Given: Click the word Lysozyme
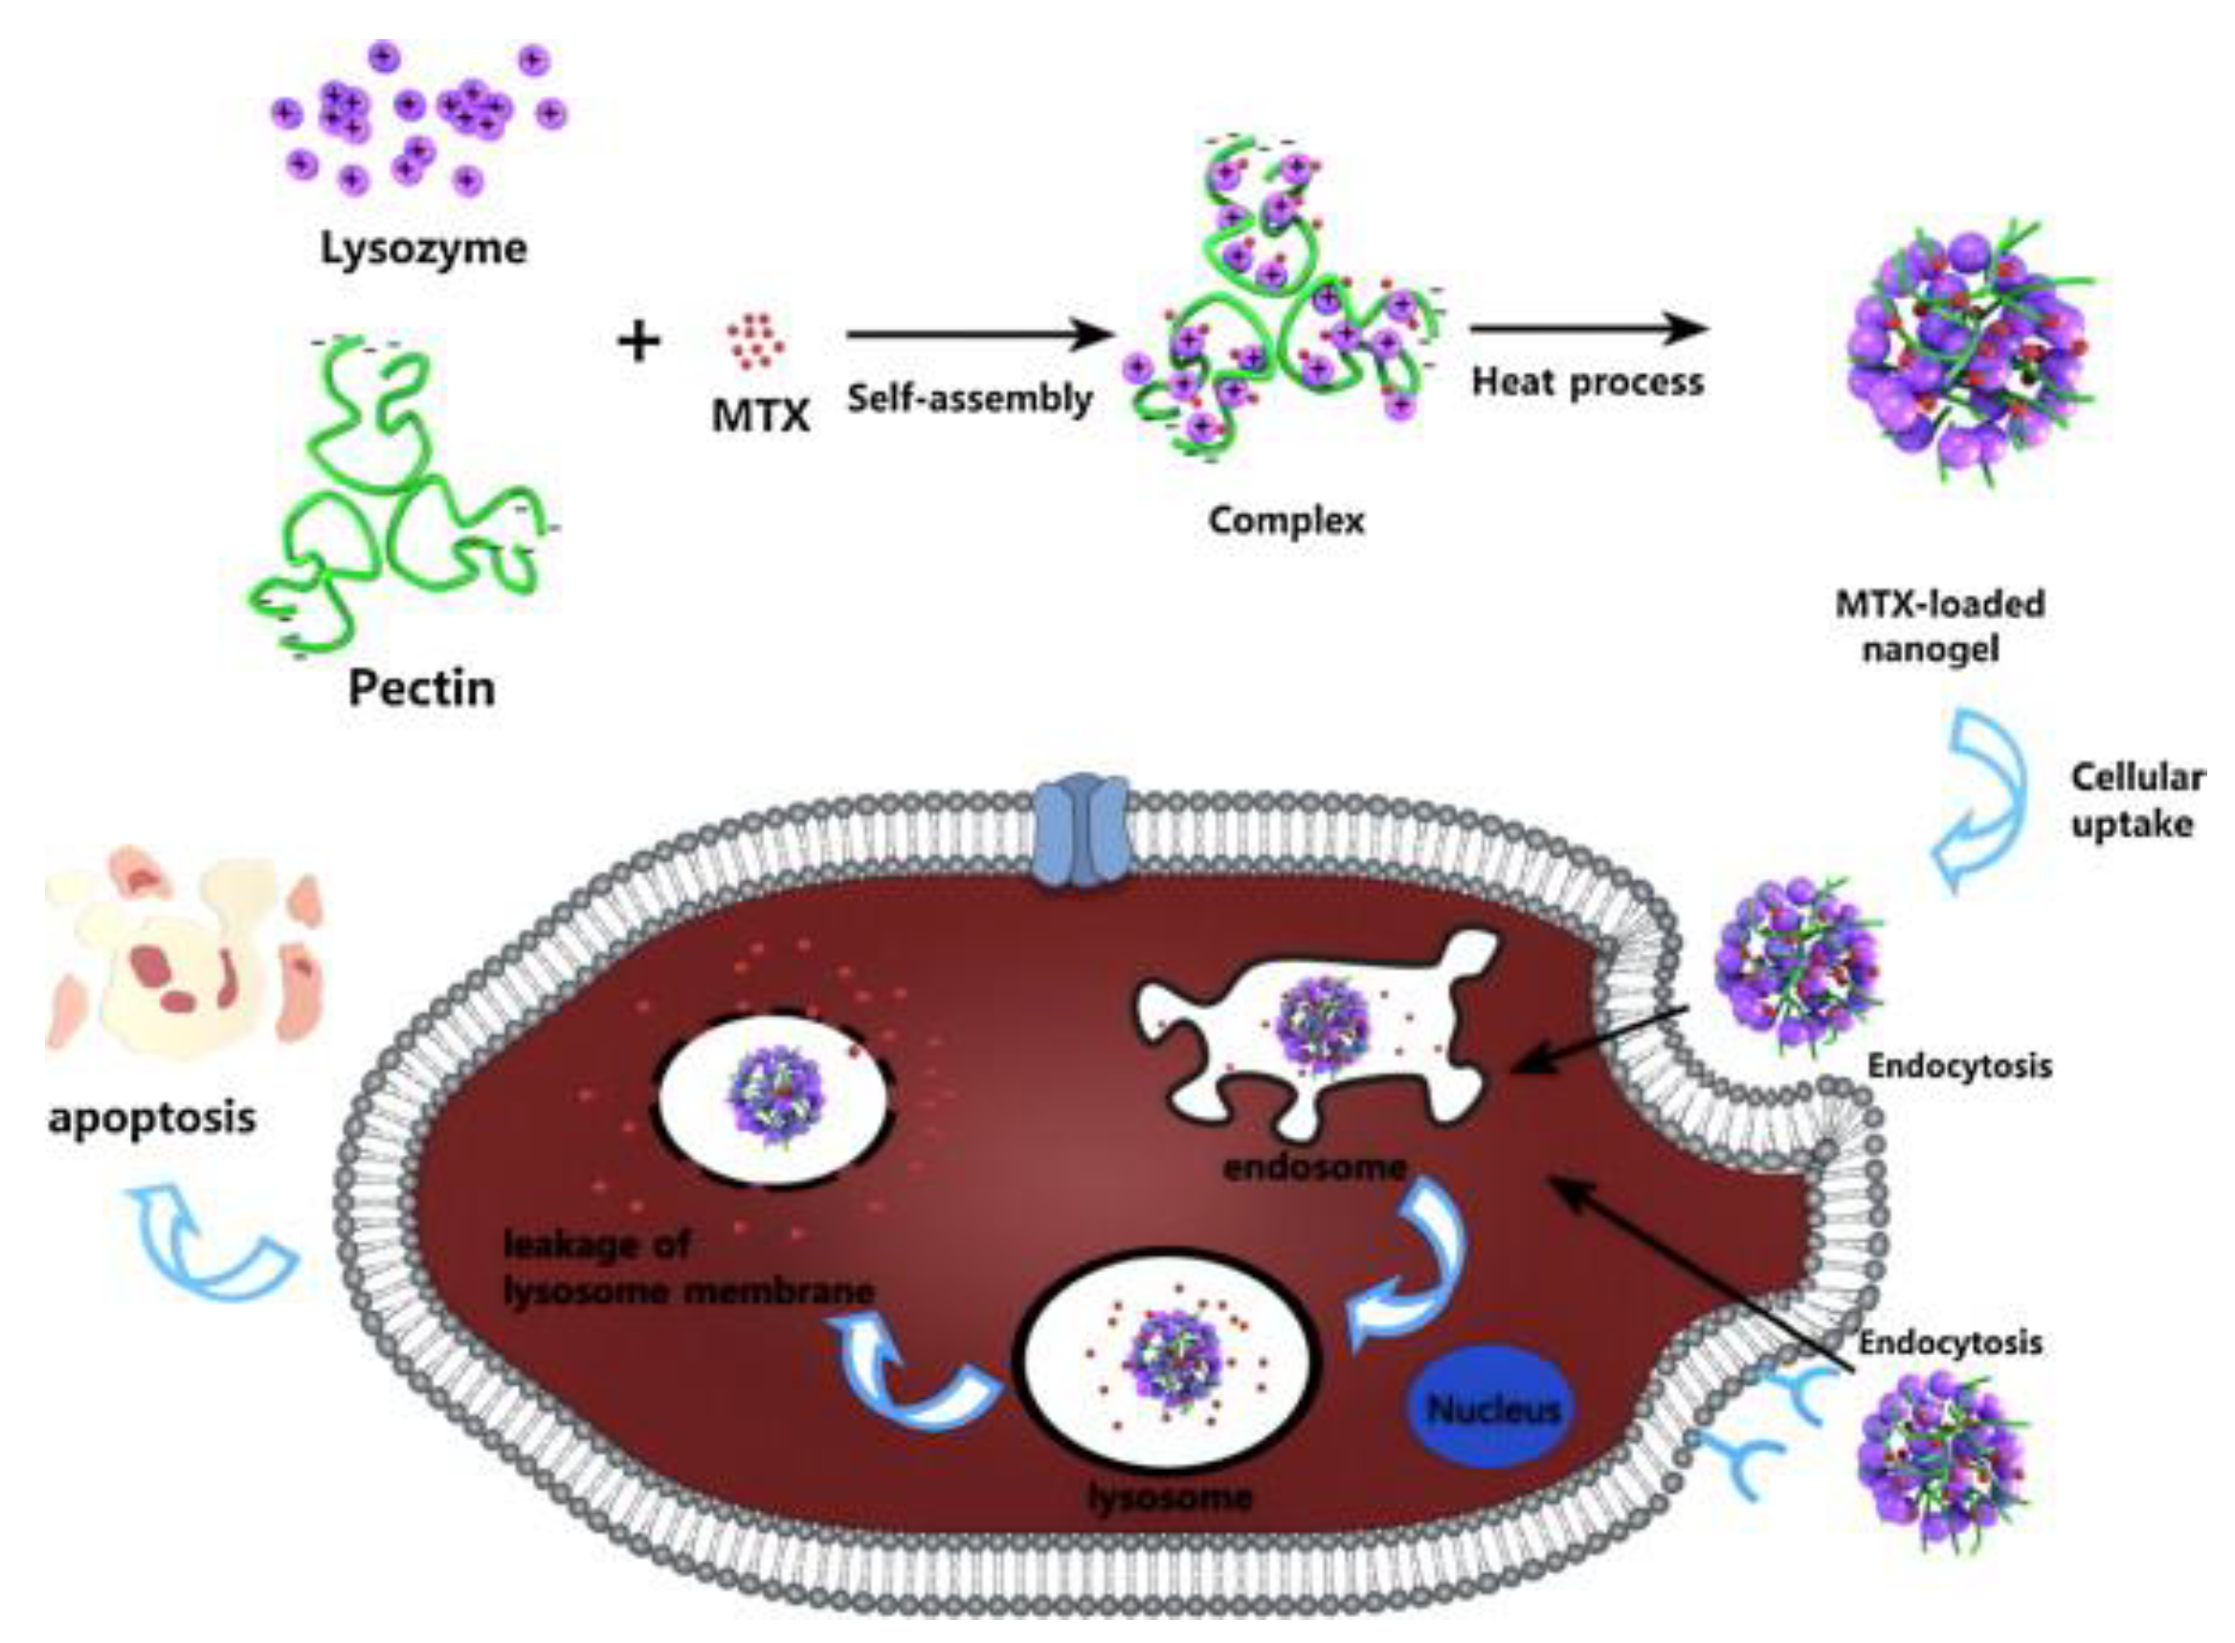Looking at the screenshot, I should click(423, 249).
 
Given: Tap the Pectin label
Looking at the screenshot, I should click(421, 688).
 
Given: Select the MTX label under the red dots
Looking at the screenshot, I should click(760, 415).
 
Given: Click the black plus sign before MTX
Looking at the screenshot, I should click(638, 343).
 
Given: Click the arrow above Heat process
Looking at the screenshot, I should click(1588, 329).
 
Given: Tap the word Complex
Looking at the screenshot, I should click(1285, 521).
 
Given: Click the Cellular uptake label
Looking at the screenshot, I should click(2136, 801).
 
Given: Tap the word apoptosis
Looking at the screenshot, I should click(152, 1118).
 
